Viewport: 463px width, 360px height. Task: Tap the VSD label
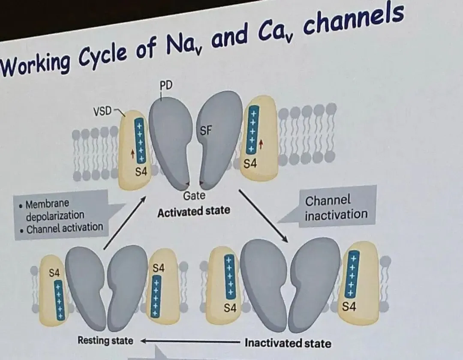pyautogui.click(x=102, y=111)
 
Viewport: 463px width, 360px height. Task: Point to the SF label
pyautogui.click(x=206, y=131)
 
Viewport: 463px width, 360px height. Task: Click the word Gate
pyautogui.click(x=194, y=196)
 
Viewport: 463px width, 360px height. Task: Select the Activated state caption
pyautogui.click(x=193, y=211)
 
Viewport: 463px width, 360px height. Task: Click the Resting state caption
pyautogui.click(x=105, y=341)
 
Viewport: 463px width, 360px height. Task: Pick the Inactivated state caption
pyautogui.click(x=288, y=343)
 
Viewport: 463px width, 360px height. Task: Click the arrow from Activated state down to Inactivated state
pyautogui.click(x=262, y=214)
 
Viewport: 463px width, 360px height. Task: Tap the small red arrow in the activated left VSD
pyautogui.click(x=132, y=153)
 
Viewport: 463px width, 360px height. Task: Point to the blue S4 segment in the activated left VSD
pyautogui.click(x=140, y=140)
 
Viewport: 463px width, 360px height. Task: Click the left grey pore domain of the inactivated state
pyautogui.click(x=264, y=283)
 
